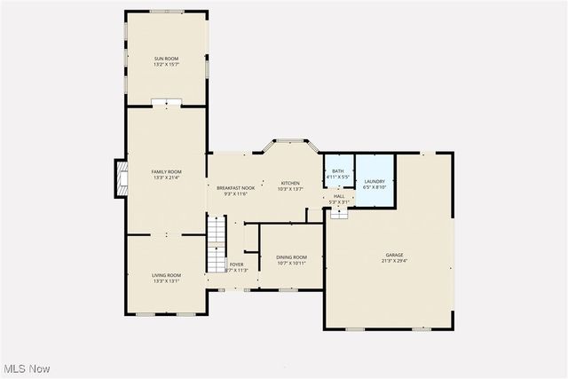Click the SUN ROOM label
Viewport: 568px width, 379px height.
[166, 59]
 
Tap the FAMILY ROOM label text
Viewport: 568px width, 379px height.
[166, 171]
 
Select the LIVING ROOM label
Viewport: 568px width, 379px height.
[166, 275]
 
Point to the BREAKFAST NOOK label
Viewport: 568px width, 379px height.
[234, 187]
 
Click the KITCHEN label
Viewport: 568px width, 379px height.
[290, 183]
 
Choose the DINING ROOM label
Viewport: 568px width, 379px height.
[291, 257]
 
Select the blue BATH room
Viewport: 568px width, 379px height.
[337, 173]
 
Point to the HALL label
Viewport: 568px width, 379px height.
[339, 196]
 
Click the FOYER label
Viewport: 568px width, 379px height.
[236, 265]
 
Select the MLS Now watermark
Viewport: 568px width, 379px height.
[26, 368]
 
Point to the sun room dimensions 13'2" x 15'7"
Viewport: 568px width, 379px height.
[166, 65]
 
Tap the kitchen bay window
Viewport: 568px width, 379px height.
[289, 142]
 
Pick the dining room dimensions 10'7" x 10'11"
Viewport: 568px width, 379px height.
[291, 263]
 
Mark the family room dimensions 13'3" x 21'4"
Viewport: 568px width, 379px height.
[166, 178]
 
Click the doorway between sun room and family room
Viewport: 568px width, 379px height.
[166, 104]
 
